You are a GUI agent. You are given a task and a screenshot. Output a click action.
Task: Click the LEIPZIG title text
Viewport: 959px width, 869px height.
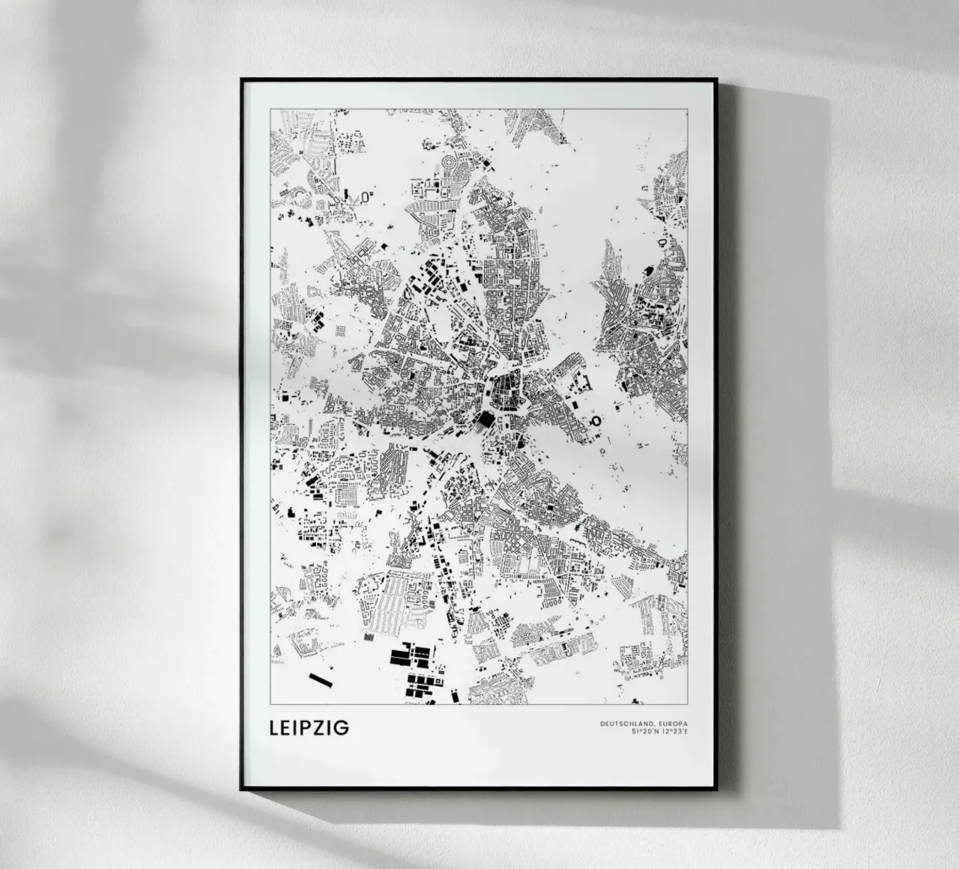point(306,728)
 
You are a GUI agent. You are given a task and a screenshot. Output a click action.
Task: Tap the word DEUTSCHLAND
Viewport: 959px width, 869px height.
point(625,723)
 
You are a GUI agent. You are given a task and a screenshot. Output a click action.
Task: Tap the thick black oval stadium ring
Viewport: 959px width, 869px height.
point(596,421)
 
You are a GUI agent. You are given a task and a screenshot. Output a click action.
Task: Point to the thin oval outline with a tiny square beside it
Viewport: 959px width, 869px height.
point(365,197)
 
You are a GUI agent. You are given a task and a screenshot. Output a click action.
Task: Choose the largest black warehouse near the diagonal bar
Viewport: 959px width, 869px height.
point(401,656)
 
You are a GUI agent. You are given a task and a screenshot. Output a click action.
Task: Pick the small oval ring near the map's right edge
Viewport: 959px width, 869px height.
point(662,243)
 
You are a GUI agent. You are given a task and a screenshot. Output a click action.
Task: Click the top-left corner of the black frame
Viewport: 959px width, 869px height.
point(241,79)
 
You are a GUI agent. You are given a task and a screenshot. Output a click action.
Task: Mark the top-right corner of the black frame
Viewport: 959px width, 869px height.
point(717,79)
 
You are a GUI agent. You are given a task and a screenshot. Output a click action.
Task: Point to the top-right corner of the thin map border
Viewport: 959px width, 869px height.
point(688,109)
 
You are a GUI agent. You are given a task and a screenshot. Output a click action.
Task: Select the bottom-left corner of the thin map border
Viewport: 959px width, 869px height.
point(270,705)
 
